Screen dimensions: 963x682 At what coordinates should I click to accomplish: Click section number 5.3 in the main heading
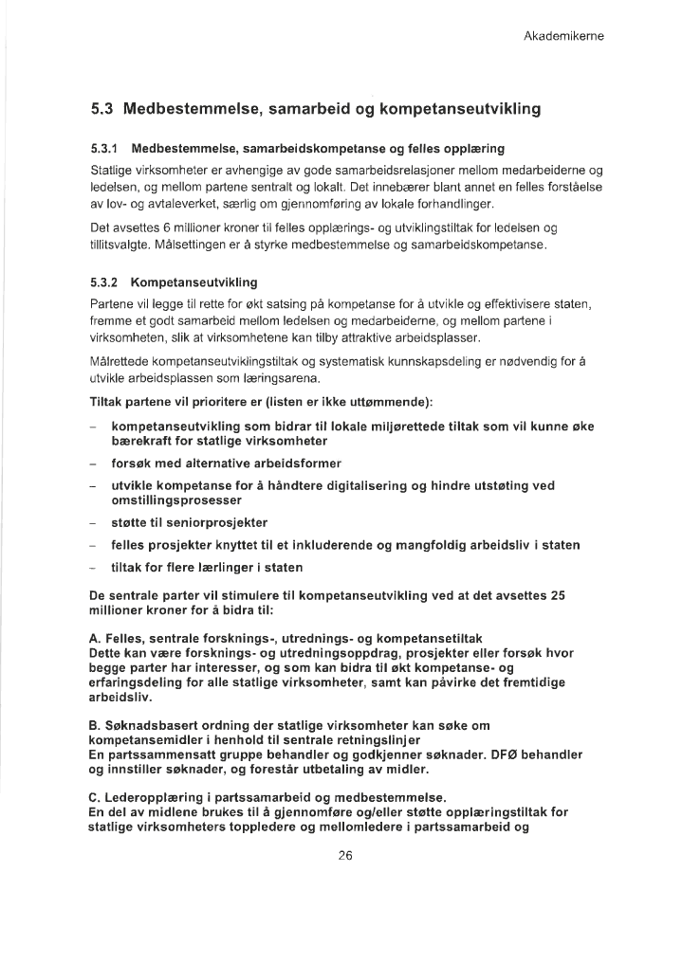click(101, 108)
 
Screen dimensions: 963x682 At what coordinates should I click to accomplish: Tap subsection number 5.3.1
click(103, 150)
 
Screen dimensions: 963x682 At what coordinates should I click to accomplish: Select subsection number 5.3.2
click(103, 282)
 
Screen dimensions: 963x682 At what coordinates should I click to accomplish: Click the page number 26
click(344, 856)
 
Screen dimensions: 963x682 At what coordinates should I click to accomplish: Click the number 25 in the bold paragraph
click(558, 595)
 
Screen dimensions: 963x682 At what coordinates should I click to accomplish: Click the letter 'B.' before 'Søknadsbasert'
click(95, 725)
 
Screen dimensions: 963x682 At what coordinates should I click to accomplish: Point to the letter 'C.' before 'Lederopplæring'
click(95, 796)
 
